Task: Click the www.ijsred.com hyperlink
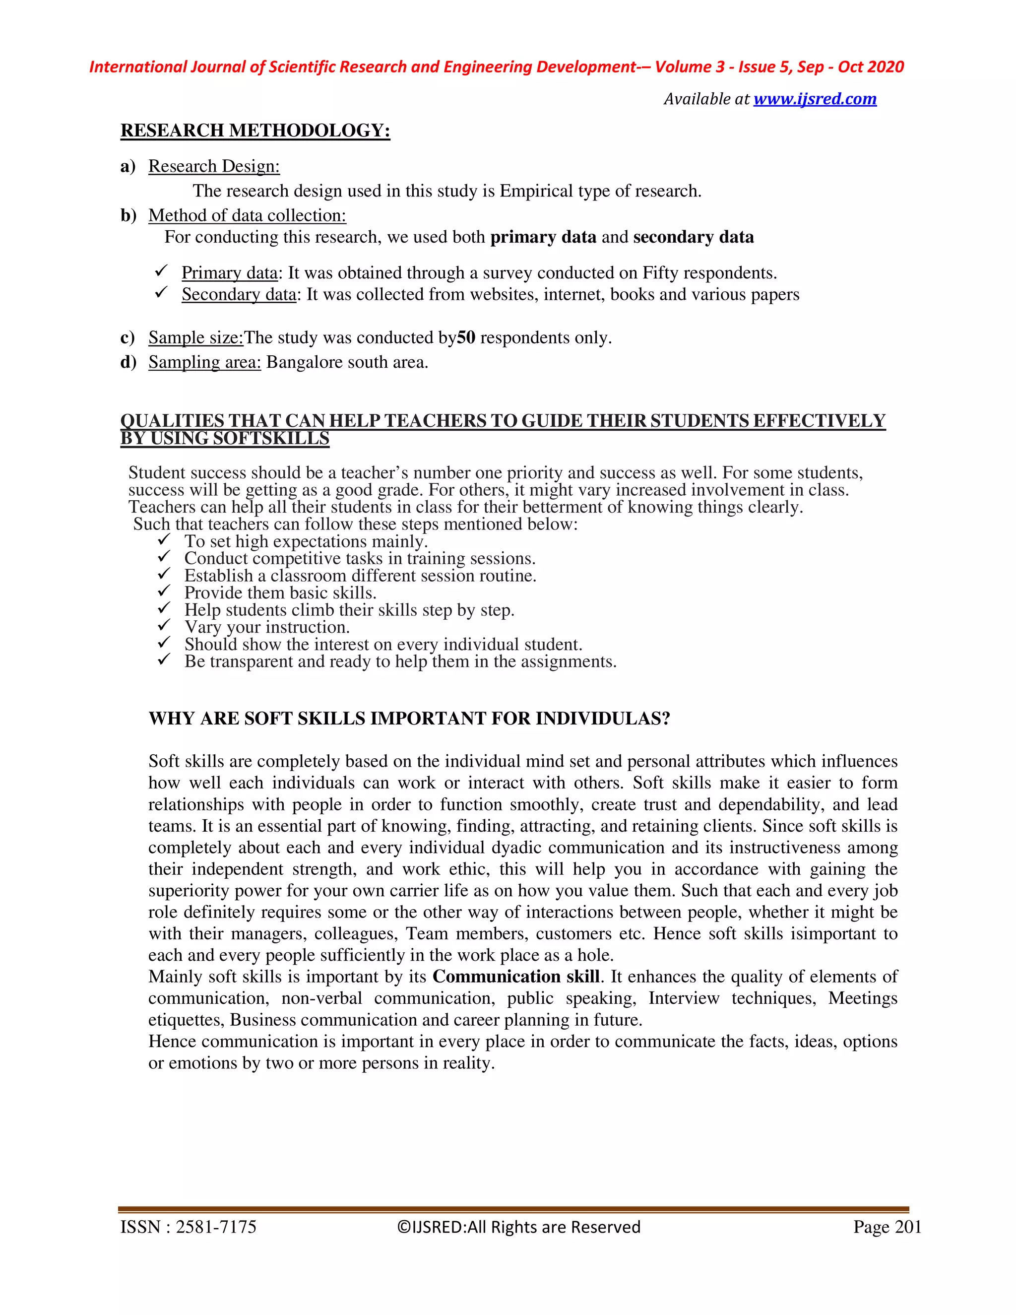[x=815, y=99]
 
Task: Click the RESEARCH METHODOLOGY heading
[x=255, y=130]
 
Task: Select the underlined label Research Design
[x=214, y=166]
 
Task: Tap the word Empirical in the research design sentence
[x=536, y=191]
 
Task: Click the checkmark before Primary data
[x=161, y=271]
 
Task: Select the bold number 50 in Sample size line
[x=466, y=338]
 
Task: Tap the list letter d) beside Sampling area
[x=128, y=362]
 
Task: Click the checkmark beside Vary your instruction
[x=164, y=626]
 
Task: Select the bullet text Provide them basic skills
[x=280, y=593]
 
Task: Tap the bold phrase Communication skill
[x=516, y=977]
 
